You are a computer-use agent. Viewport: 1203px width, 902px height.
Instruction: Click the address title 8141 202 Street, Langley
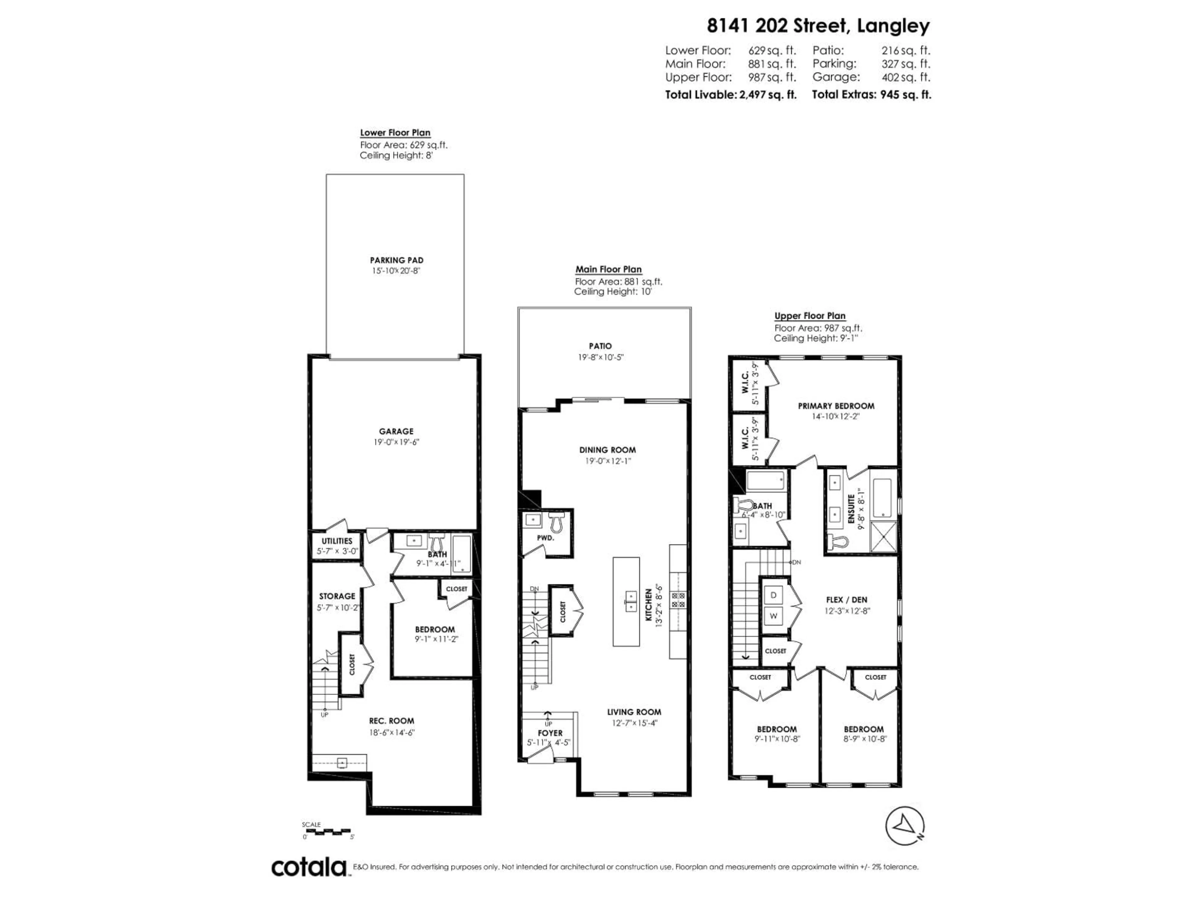coord(818,26)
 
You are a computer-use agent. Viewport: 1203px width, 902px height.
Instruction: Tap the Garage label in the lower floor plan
coord(396,431)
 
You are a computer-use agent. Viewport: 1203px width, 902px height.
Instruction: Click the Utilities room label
coord(337,541)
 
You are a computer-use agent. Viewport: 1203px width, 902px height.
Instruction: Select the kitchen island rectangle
coord(626,601)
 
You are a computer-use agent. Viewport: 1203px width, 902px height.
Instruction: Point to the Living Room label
coord(634,712)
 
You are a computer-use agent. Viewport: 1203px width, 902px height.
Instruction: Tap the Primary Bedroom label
coord(836,406)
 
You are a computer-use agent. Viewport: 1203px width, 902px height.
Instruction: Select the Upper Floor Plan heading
coord(810,316)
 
